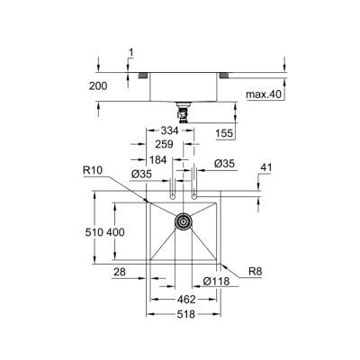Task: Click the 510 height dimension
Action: point(96,232)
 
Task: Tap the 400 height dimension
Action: point(115,232)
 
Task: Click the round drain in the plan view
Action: point(184,220)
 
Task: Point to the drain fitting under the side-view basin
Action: point(184,112)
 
